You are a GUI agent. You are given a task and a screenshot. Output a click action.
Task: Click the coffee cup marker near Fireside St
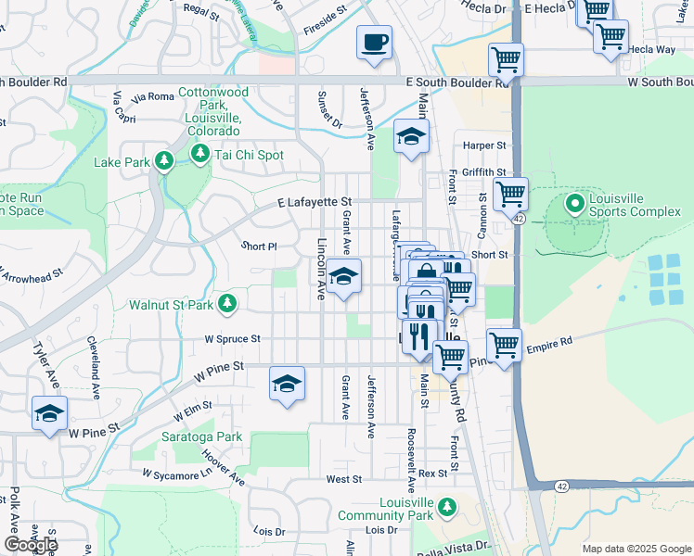click(374, 43)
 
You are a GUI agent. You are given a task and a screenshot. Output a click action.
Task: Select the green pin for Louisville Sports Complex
click(575, 202)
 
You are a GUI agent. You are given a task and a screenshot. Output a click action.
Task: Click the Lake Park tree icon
click(164, 162)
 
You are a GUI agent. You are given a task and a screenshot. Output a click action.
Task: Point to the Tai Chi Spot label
click(246, 155)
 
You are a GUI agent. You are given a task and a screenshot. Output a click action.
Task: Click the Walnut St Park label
click(172, 304)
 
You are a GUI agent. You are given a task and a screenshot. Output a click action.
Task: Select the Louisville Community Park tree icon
click(447, 506)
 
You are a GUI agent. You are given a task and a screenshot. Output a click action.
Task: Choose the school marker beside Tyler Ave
click(50, 414)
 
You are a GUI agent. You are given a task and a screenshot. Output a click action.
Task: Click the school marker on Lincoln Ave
click(343, 277)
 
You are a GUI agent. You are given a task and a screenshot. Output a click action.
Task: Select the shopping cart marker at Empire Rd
click(504, 346)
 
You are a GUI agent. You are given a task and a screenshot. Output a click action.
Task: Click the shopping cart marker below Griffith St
click(510, 196)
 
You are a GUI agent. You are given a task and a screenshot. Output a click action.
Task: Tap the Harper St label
click(484, 145)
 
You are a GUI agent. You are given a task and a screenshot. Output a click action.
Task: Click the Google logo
click(32, 545)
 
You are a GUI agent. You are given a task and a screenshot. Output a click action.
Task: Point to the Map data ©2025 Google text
click(636, 549)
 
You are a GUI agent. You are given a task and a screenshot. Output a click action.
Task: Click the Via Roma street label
click(154, 96)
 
